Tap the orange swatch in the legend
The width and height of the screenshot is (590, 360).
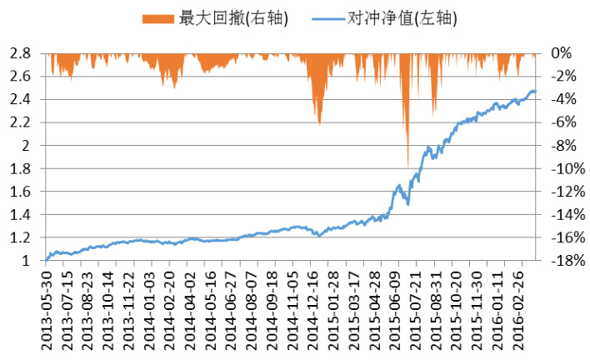158,17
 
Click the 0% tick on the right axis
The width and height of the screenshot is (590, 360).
562,52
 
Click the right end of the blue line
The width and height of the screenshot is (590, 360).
535,91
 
